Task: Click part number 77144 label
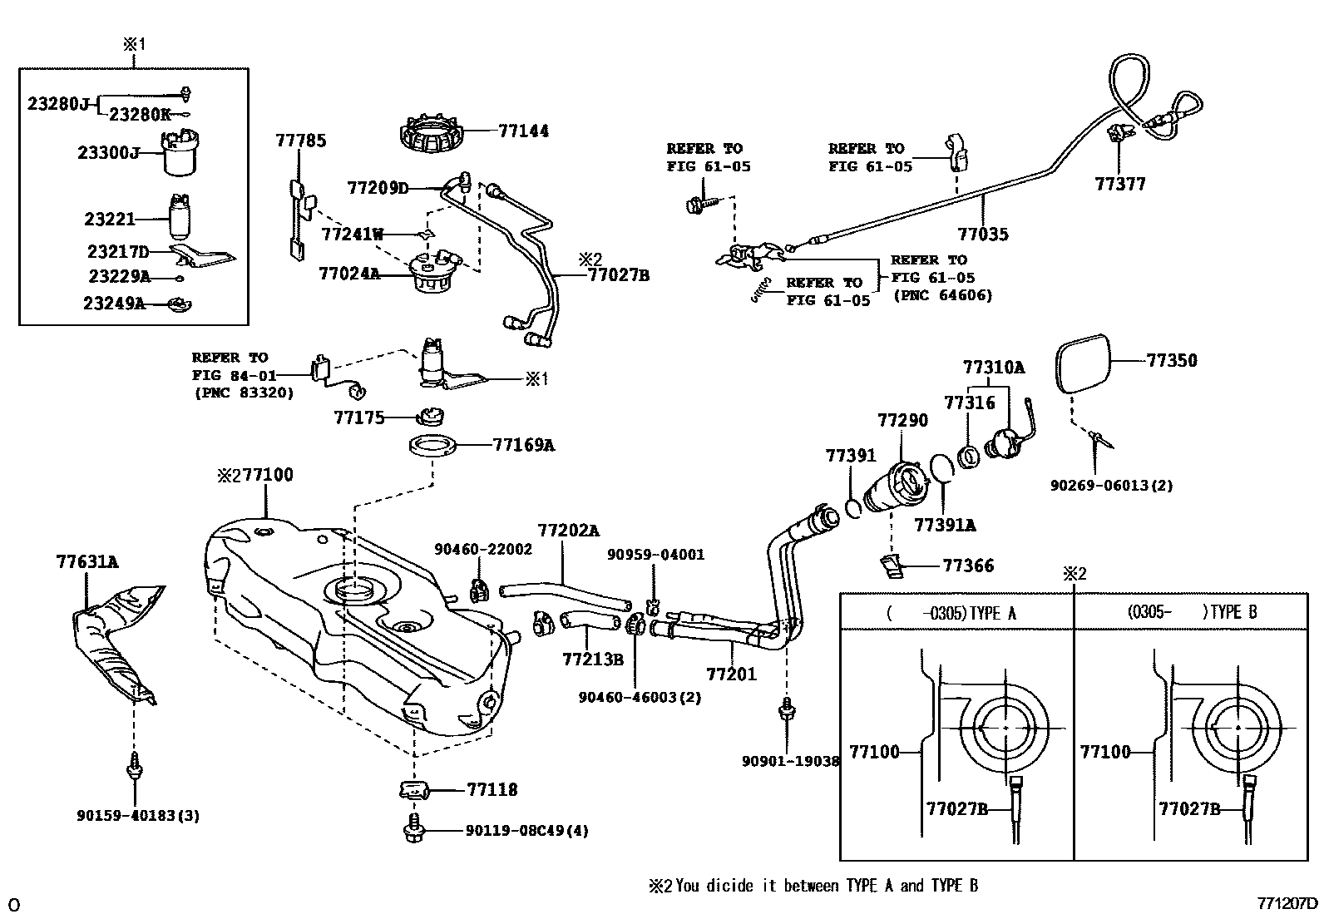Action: click(x=523, y=131)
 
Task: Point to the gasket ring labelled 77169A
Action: click(x=434, y=446)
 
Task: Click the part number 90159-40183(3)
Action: click(x=138, y=816)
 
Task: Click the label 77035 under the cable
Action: click(x=982, y=235)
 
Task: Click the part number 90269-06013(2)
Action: click(x=1111, y=485)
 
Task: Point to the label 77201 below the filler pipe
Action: click(x=731, y=674)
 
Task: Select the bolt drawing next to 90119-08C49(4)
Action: click(x=413, y=830)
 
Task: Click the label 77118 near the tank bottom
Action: click(x=492, y=790)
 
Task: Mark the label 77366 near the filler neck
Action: click(x=968, y=566)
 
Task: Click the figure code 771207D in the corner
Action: click(x=1287, y=904)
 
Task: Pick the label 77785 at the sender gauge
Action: click(x=300, y=141)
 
